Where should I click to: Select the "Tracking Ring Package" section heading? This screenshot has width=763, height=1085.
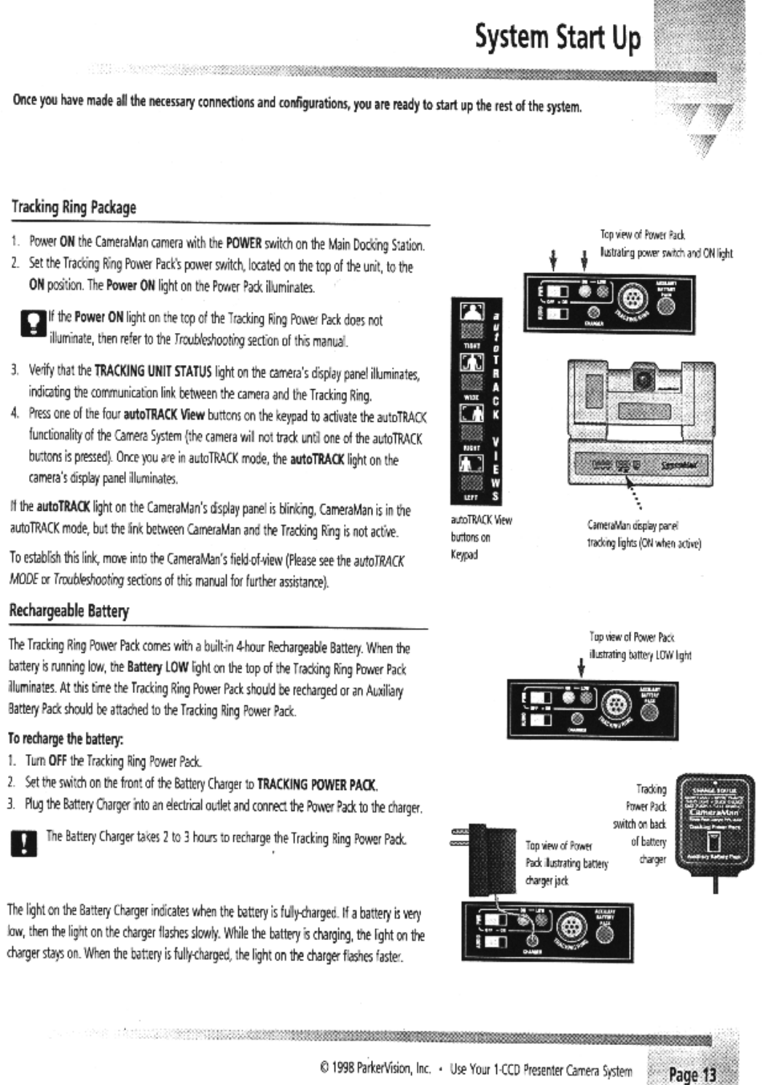pyautogui.click(x=74, y=207)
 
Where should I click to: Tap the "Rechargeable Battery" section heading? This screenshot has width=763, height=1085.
pyautogui.click(x=69, y=611)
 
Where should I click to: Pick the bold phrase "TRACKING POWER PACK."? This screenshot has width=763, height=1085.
pyautogui.click(x=324, y=785)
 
